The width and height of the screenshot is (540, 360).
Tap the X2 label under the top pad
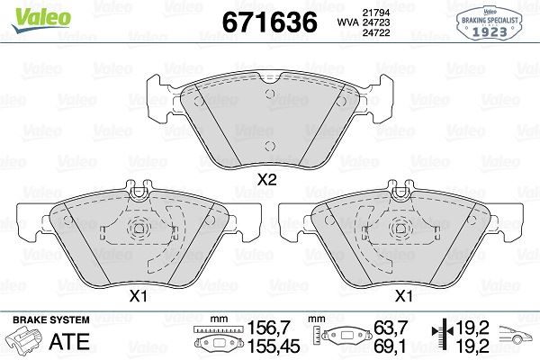point(265,179)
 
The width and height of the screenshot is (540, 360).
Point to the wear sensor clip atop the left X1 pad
point(139,190)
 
